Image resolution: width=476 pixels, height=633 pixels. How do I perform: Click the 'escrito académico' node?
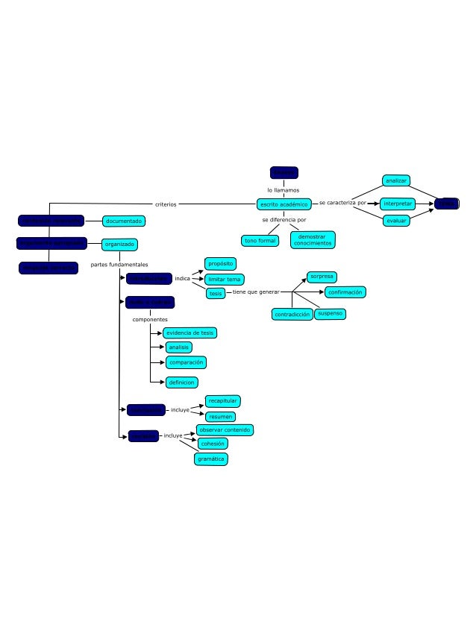(x=284, y=204)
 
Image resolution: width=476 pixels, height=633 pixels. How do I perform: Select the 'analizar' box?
(x=396, y=180)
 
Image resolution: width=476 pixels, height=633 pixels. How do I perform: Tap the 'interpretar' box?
(x=397, y=204)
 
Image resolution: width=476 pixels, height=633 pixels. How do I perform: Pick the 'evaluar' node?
(x=396, y=221)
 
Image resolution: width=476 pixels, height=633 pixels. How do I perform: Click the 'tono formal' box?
(x=260, y=240)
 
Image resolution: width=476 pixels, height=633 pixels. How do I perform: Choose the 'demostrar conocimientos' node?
(x=313, y=240)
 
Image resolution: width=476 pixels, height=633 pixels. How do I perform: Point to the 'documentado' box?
(x=123, y=221)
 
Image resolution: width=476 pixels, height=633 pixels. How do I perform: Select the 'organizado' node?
(x=119, y=244)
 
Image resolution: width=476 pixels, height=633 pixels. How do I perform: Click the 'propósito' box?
(x=221, y=264)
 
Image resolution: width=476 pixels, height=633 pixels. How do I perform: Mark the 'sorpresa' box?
(x=322, y=277)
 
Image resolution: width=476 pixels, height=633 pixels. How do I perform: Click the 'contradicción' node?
(x=292, y=315)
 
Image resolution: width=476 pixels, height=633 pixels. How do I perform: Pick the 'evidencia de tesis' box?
(x=190, y=333)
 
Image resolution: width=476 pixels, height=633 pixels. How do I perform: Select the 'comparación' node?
(x=186, y=362)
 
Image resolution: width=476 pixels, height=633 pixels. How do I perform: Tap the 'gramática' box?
(x=211, y=459)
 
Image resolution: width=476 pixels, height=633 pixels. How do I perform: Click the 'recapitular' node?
(x=223, y=401)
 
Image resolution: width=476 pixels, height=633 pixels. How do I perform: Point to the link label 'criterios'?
(x=166, y=204)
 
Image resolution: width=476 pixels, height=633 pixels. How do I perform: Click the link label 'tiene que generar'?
(x=256, y=292)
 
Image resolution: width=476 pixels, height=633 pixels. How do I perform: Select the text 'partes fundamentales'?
(x=119, y=265)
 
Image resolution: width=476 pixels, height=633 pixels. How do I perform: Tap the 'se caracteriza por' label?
(x=342, y=203)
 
